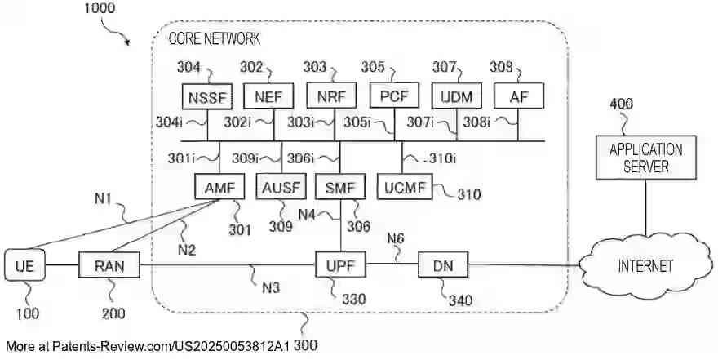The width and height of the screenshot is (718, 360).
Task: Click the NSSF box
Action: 208,97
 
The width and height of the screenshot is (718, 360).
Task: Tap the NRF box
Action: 330,97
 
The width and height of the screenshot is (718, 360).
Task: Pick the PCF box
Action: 394,97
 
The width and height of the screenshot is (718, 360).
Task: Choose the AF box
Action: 516,97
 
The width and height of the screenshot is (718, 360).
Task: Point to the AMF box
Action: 219,187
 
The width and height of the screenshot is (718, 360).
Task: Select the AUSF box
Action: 281,187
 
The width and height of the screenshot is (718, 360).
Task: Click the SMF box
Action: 339,187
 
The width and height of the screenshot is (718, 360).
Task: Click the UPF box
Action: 341,264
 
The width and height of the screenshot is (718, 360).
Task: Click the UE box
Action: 24,265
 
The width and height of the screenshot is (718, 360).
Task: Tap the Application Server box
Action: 645,158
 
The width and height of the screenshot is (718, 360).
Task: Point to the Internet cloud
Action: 645,266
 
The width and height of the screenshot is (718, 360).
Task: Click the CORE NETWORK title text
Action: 214,38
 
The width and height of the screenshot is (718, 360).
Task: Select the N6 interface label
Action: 396,239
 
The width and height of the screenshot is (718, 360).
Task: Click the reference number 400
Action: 621,104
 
